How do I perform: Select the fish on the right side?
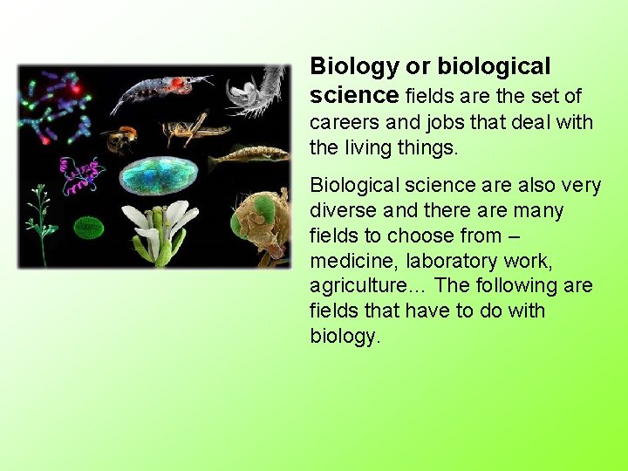coord(248,157)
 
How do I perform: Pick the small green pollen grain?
coord(87,228)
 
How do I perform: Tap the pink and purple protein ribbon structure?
coord(80,174)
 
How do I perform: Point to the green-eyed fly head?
coord(259,225)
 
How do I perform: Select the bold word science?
coord(354,94)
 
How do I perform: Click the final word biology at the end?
coord(345,337)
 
